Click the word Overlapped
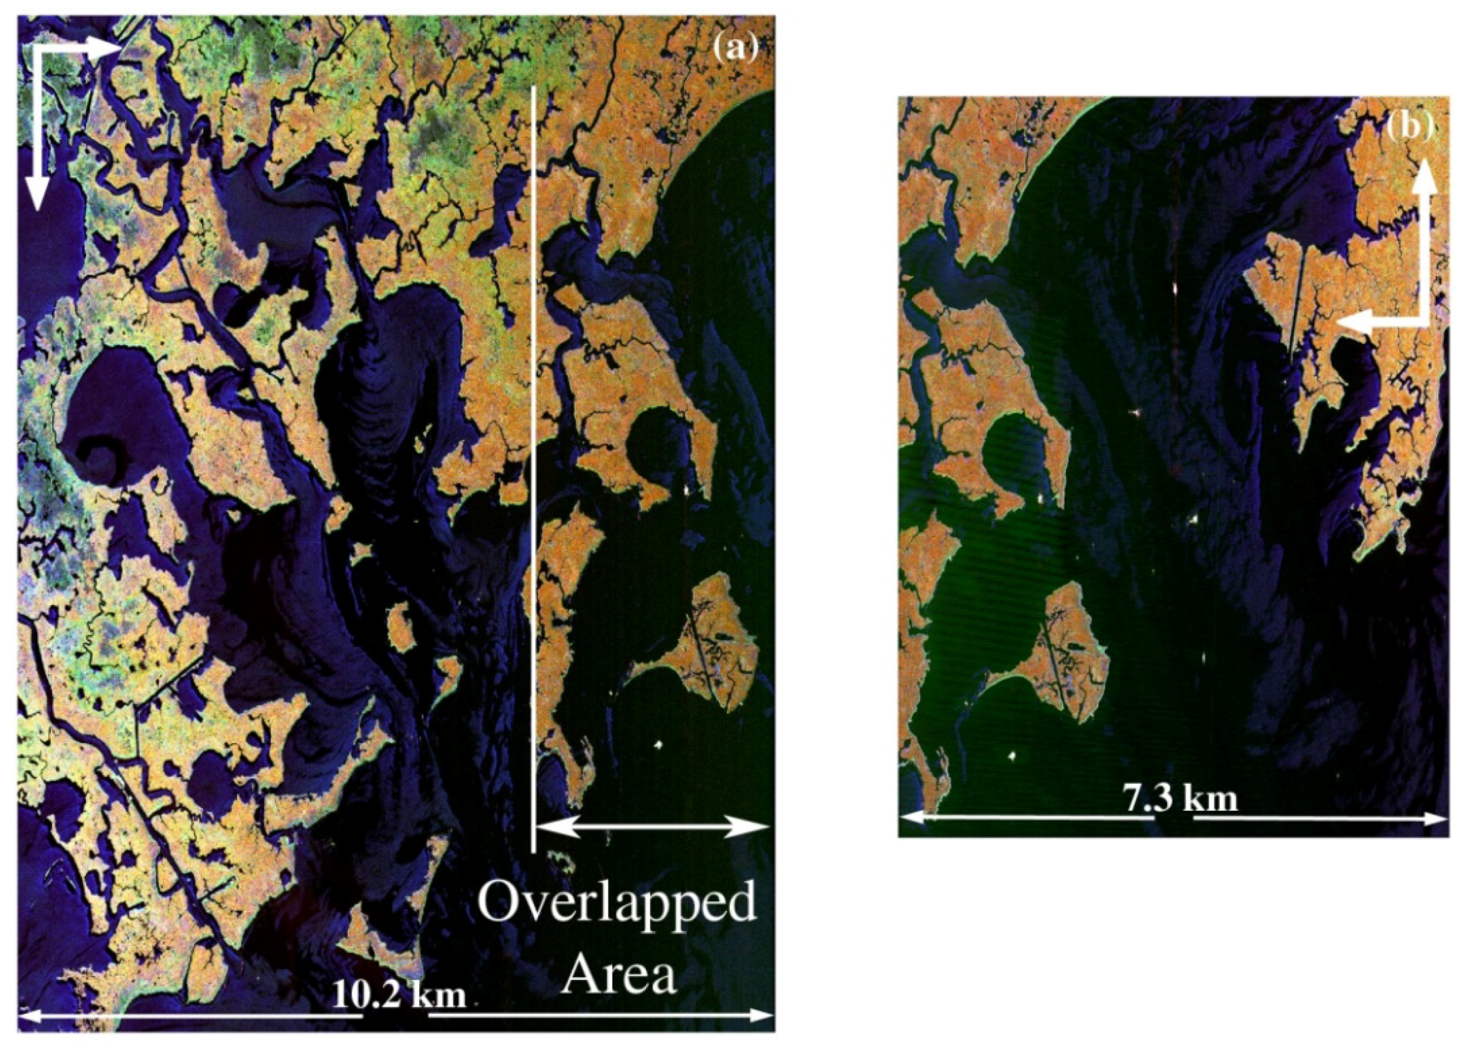click(616, 904)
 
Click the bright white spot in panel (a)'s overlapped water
click(658, 746)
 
